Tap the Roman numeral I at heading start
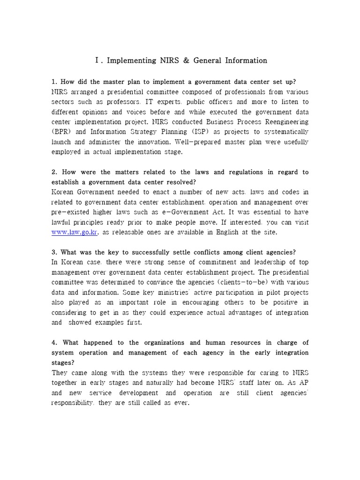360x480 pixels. coord(97,60)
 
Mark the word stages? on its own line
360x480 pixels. coord(62,363)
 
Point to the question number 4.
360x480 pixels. coord(53,343)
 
